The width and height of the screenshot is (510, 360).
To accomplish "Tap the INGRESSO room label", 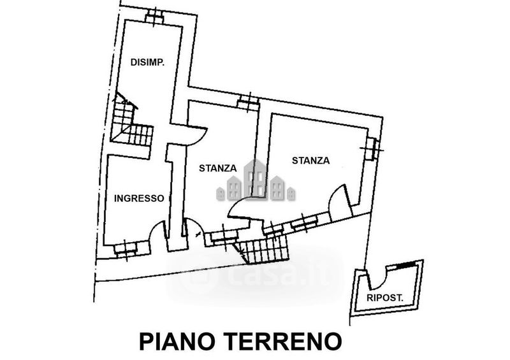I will point(139,198).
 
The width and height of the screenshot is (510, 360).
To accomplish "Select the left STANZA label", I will point(217,168).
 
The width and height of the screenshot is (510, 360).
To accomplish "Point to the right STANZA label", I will point(311,161).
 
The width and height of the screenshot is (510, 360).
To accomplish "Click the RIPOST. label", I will point(387,298).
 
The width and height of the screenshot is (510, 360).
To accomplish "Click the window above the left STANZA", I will point(245,101).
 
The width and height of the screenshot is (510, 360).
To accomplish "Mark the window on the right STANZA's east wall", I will point(372,148).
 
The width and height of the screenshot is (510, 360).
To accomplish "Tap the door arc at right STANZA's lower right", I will point(339,201).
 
